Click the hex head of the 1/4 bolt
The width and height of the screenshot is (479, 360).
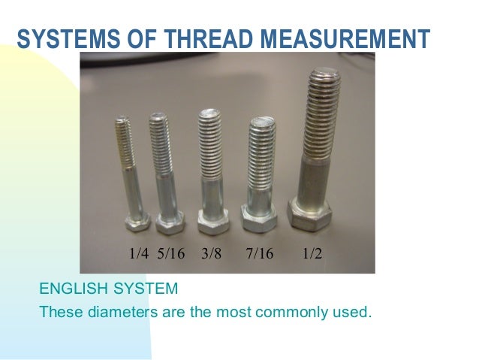[x=137, y=221]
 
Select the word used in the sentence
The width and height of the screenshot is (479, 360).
[x=352, y=310]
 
